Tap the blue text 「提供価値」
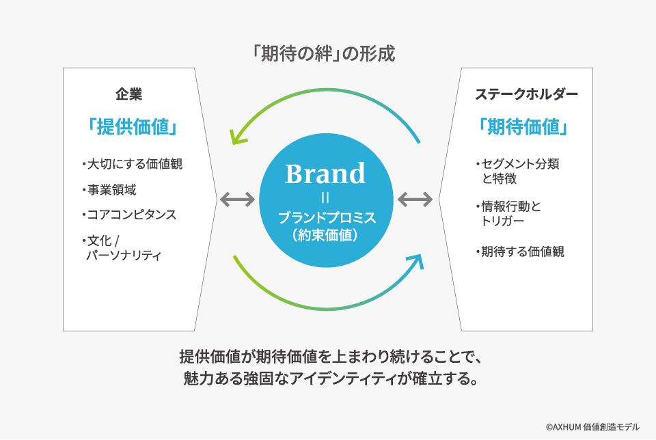[129, 127]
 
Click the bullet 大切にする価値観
[131, 164]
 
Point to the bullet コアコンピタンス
[128, 215]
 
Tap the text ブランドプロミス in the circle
[325, 219]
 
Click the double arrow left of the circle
[237, 200]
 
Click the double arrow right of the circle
[415, 200]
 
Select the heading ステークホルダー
[525, 94]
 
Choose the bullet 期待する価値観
[520, 251]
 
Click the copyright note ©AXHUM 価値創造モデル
[592, 426]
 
